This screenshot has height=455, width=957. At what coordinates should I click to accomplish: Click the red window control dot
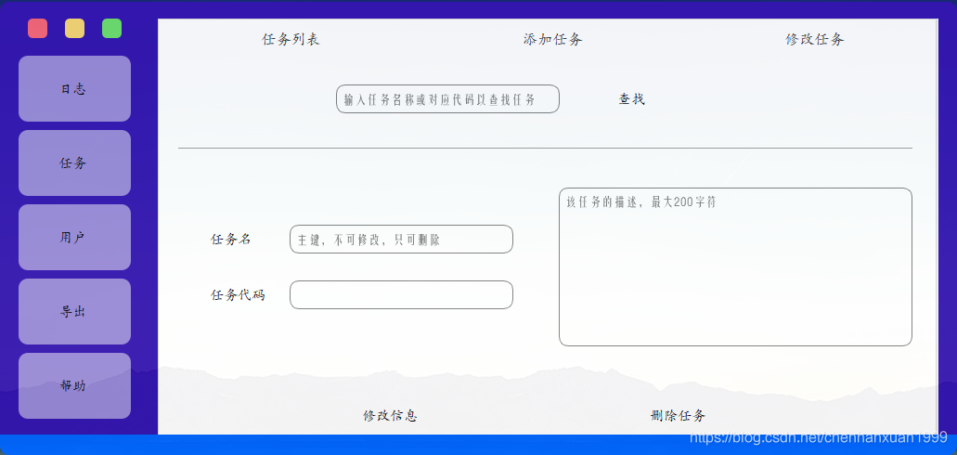[x=37, y=29]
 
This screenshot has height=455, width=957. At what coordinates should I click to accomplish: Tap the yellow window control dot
[x=74, y=29]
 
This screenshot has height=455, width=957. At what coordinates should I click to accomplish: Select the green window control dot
[x=111, y=29]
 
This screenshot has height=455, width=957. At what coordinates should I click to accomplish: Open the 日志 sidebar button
[x=74, y=89]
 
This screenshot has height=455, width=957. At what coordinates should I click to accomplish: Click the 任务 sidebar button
[x=74, y=163]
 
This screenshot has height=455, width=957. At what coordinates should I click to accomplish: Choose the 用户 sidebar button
[x=74, y=238]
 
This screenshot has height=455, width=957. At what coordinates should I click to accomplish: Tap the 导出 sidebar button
[x=74, y=312]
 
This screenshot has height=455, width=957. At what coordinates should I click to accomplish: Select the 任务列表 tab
[x=291, y=39]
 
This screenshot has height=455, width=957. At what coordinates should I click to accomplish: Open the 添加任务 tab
[x=552, y=39]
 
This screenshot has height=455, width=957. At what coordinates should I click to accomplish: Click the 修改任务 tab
[x=814, y=39]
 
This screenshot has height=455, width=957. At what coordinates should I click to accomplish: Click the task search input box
[x=447, y=99]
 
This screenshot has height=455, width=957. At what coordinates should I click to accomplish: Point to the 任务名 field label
[x=231, y=240]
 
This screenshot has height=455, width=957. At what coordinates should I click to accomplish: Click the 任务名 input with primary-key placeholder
[x=401, y=240]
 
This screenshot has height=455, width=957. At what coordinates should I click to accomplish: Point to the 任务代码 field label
[x=238, y=295]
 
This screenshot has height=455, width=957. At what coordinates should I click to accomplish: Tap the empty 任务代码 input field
[x=401, y=295]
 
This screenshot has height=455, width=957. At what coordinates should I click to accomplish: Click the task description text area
[x=735, y=267]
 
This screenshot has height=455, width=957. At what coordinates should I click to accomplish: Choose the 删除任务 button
[x=678, y=415]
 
